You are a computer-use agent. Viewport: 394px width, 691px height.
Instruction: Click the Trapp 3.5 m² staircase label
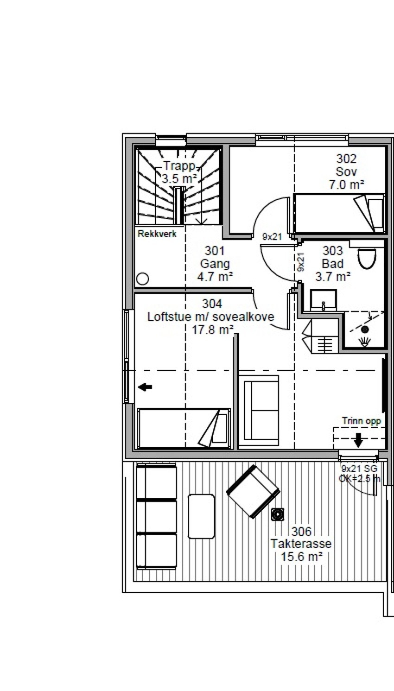[x=179, y=172]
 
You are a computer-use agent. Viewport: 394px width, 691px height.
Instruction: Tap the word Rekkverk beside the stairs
[x=157, y=234]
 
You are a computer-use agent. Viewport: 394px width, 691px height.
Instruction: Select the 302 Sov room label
[x=346, y=171]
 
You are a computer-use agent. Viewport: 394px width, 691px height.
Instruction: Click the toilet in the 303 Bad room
[x=367, y=258]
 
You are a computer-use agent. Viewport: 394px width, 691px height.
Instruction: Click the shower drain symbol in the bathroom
[x=365, y=330]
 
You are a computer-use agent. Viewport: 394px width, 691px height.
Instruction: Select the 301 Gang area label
[x=215, y=264]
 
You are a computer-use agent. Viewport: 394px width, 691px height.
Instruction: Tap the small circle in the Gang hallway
[x=143, y=279]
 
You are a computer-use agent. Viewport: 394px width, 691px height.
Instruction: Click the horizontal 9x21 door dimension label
[x=272, y=236]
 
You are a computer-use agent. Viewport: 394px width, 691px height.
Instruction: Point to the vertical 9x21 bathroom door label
[x=300, y=261]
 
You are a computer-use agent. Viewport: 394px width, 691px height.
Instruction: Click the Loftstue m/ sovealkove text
[x=211, y=317]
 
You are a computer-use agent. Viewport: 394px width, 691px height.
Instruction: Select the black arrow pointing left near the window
[x=145, y=387]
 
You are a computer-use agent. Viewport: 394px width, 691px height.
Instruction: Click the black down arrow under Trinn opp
[x=358, y=440]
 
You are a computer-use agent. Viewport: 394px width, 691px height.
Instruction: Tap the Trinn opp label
[x=361, y=421]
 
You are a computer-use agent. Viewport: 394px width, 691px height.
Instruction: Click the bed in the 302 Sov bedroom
[x=339, y=213]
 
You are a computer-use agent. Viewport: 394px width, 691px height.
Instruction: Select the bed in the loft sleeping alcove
[x=184, y=428]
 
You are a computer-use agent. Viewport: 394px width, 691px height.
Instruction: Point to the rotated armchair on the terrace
[x=253, y=491]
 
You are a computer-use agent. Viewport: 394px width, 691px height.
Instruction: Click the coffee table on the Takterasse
[x=202, y=516]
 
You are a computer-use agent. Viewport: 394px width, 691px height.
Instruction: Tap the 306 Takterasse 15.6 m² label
[x=301, y=544]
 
